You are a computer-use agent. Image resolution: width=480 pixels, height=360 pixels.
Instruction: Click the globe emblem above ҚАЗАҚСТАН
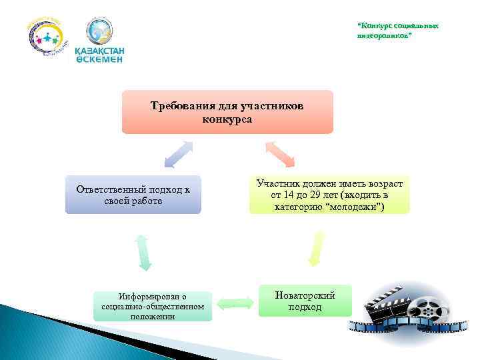tap(99, 31)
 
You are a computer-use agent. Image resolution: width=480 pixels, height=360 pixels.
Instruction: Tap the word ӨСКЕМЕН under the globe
tap(99, 59)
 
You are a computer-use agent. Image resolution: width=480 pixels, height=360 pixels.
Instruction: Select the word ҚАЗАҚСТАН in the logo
tap(99, 50)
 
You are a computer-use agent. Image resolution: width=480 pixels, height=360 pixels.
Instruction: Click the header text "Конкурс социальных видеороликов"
tap(398, 30)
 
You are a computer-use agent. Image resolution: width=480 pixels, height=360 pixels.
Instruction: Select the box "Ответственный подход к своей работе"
tap(133, 195)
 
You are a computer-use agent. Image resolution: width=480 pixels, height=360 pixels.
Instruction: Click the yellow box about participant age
tap(329, 195)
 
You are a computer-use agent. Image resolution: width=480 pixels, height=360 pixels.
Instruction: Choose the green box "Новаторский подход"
tap(305, 301)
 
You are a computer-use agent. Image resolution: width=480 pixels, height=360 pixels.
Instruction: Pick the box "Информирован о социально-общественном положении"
tap(153, 306)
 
